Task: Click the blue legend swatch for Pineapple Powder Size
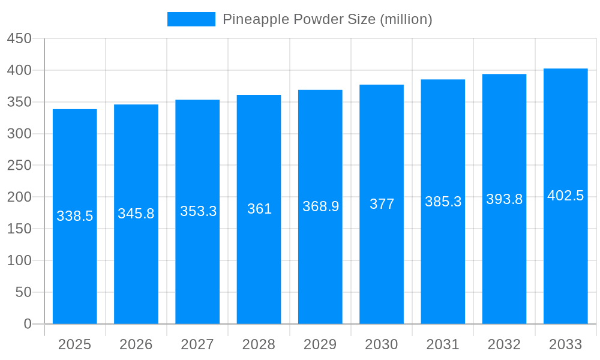pyautogui.click(x=191, y=19)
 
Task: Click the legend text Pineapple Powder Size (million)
pyautogui.click(x=327, y=19)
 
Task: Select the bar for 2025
pyautogui.click(x=75, y=270)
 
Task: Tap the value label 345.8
pyautogui.click(x=136, y=214)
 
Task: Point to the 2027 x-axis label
pyautogui.click(x=197, y=344)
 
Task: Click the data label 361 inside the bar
pyautogui.click(x=259, y=209)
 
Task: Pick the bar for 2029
pyautogui.click(x=320, y=270)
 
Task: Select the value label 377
pyautogui.click(x=382, y=204)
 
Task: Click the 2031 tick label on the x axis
pyautogui.click(x=443, y=344)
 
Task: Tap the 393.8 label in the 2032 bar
pyautogui.click(x=504, y=199)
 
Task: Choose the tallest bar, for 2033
pyautogui.click(x=565, y=270)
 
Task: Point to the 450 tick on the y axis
pyautogui.click(x=19, y=38)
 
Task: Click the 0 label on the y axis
pyautogui.click(x=28, y=324)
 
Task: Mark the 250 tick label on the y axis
pyautogui.click(x=19, y=165)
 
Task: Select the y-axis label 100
pyautogui.click(x=19, y=260)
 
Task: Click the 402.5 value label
pyautogui.click(x=565, y=196)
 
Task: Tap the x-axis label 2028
pyautogui.click(x=259, y=344)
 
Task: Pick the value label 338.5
pyautogui.click(x=75, y=216)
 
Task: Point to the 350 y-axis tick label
pyautogui.click(x=19, y=102)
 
